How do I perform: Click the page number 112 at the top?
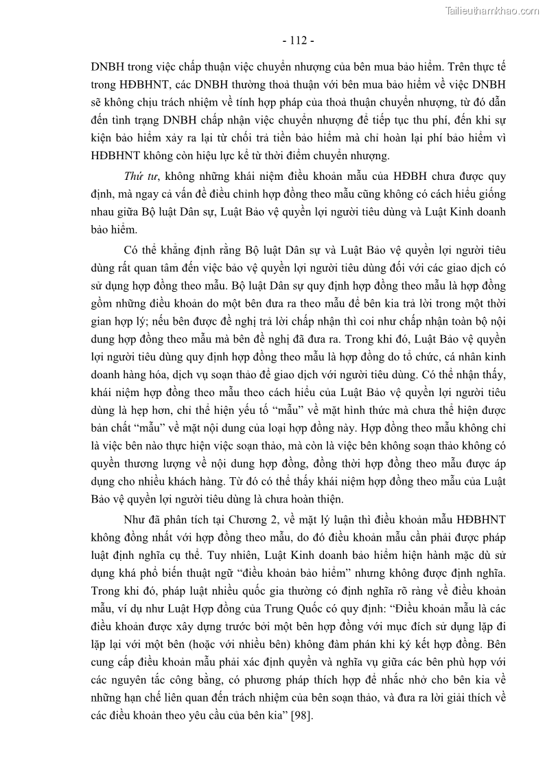pyautogui.click(x=298, y=40)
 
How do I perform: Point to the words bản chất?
pyautogui.click(x=111, y=429)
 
